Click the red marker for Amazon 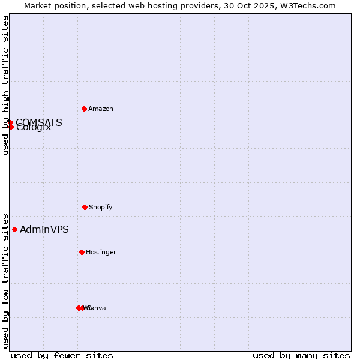(84, 109)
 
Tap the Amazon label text (101, 109)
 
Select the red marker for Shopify (85, 207)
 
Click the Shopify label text (101, 208)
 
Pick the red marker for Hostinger (82, 252)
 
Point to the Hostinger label (101, 253)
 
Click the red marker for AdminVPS (14, 229)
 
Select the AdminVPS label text (44, 230)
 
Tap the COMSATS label (39, 122)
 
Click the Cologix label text (34, 128)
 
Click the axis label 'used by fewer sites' (62, 355)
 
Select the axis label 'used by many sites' (301, 355)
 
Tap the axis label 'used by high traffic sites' (5, 85)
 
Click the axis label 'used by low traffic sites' (5, 281)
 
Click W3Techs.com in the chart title (307, 5)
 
